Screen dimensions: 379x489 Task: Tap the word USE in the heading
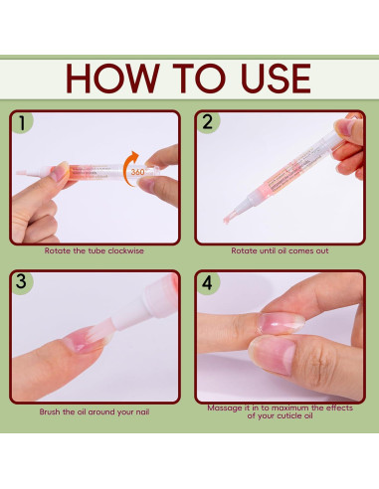pyautogui.click(x=276, y=78)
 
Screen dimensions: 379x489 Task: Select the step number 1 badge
pyautogui.click(x=22, y=123)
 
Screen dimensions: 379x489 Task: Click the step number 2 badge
pyautogui.click(x=208, y=122)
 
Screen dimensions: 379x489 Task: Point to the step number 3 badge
pyautogui.click(x=21, y=281)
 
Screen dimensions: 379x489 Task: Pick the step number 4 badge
pyautogui.click(x=207, y=282)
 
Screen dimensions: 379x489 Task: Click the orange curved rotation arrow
pyautogui.click(x=127, y=168)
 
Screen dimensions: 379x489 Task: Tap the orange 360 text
pyautogui.click(x=137, y=172)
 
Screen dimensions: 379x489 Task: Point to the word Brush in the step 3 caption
pyautogui.click(x=50, y=411)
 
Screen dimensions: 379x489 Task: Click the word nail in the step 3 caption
pyautogui.click(x=142, y=411)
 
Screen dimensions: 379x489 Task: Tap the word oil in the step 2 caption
pyautogui.click(x=282, y=250)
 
